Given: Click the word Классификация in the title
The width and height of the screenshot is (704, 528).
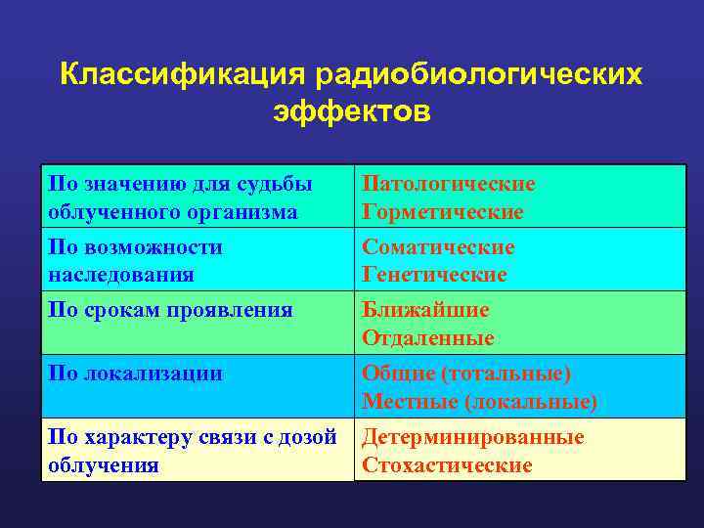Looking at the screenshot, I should click(x=183, y=75).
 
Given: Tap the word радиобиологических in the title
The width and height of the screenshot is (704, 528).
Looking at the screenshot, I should click(x=479, y=75).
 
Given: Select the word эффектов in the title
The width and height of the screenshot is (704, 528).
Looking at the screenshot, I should click(x=351, y=111).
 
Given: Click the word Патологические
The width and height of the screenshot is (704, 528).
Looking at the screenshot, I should click(x=449, y=184).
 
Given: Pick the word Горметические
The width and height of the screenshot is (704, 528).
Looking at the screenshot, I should click(x=443, y=211).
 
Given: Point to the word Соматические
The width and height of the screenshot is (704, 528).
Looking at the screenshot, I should click(x=438, y=247).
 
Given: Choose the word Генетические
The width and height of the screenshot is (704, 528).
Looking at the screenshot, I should click(x=434, y=275).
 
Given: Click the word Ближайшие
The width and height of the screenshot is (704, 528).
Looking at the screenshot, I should click(x=425, y=310).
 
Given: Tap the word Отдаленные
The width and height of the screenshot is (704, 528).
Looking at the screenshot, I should click(x=428, y=337).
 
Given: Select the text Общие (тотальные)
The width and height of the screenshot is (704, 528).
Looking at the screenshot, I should click(x=466, y=374).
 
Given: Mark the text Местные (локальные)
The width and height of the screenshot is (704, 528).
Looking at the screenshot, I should click(x=479, y=401).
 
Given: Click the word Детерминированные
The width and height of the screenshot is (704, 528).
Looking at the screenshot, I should click(x=473, y=437).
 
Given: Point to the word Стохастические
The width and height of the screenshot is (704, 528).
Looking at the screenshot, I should click(x=447, y=464).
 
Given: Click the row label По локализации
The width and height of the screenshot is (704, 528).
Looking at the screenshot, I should click(x=136, y=374).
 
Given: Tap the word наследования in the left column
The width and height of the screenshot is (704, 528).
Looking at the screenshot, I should click(x=121, y=275).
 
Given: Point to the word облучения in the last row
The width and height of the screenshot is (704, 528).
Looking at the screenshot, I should click(x=104, y=464).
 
